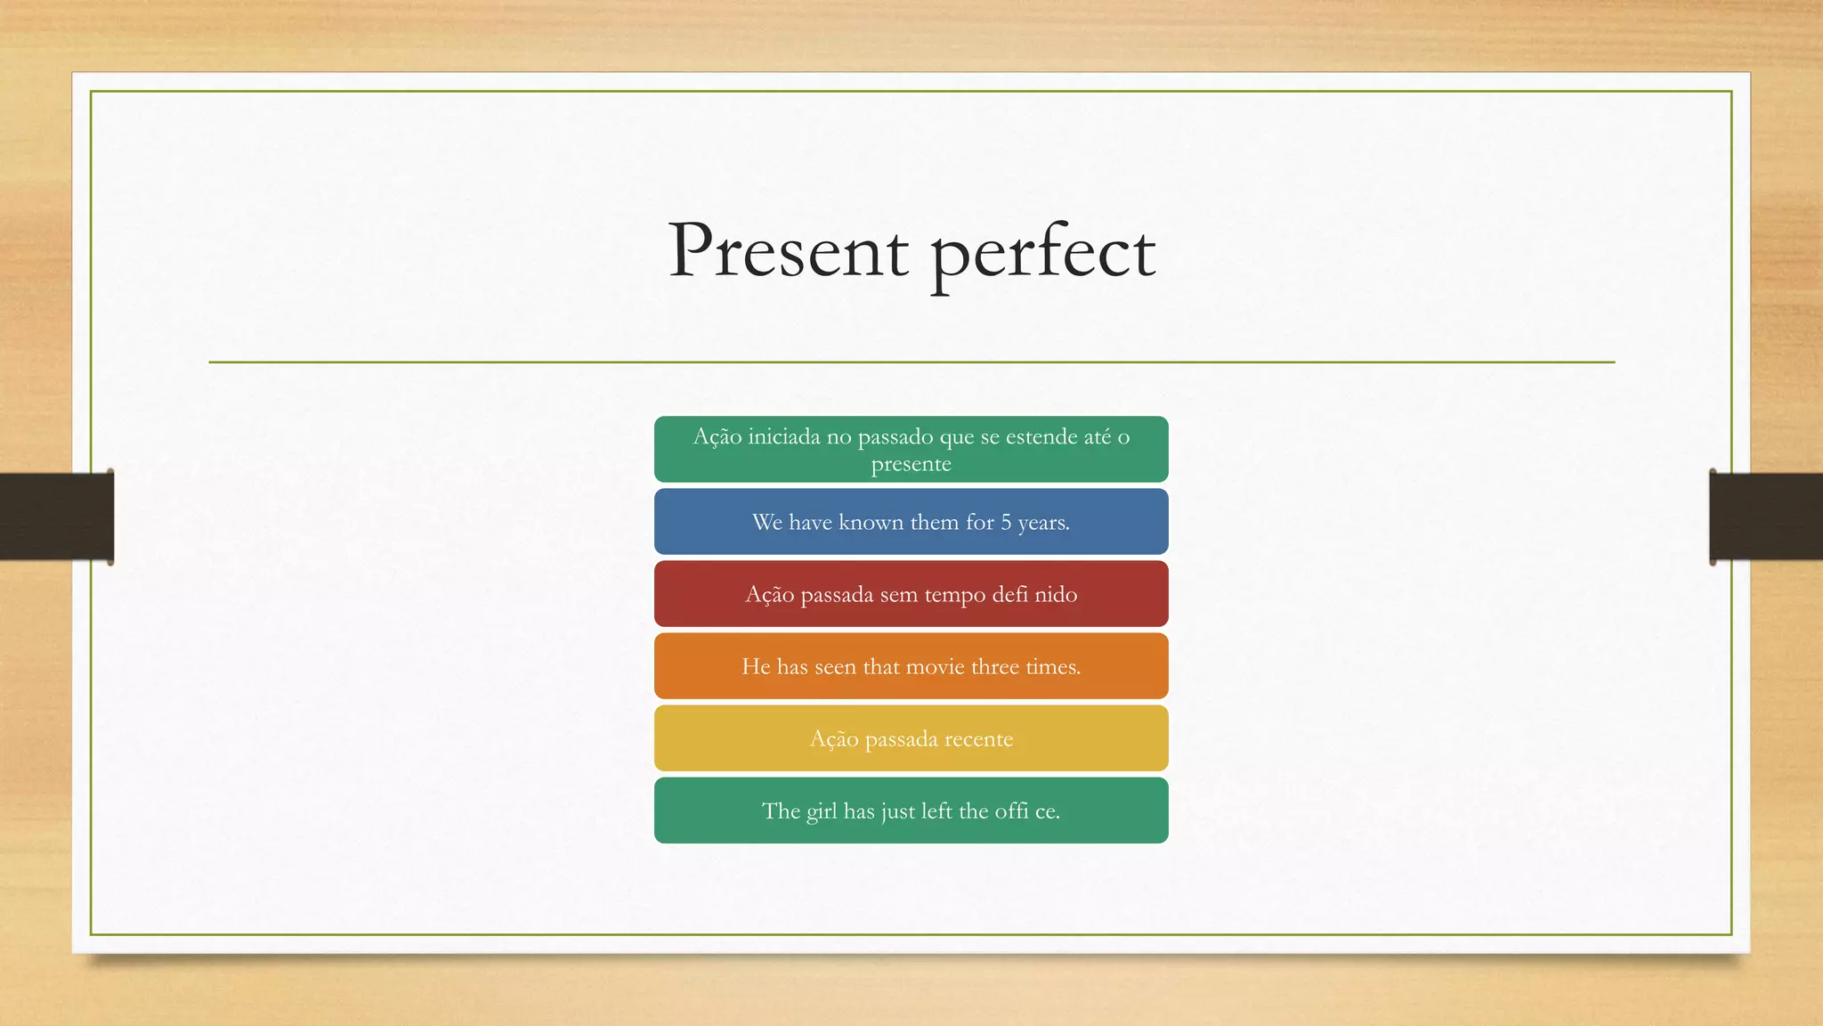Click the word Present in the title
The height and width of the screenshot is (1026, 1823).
click(x=788, y=251)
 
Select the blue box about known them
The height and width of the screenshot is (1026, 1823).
click(x=911, y=522)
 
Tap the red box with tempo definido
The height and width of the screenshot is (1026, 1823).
click(x=911, y=594)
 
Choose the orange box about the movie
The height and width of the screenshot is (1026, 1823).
click(x=911, y=666)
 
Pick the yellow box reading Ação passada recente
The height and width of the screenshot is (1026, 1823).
click(x=911, y=738)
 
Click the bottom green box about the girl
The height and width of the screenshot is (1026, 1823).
click(x=911, y=810)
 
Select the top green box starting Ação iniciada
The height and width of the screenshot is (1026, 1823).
click(x=911, y=450)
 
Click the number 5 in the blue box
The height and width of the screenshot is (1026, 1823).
click(x=1006, y=523)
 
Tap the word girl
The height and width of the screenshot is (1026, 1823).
click(x=822, y=812)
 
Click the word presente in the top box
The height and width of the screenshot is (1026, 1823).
click(x=911, y=465)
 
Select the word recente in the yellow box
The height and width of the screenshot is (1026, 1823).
click(x=978, y=739)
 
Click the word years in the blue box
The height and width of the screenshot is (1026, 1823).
click(x=1042, y=524)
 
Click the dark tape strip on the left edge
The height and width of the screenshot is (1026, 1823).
click(x=56, y=517)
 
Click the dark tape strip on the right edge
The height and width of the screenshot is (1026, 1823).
click(x=1766, y=517)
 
